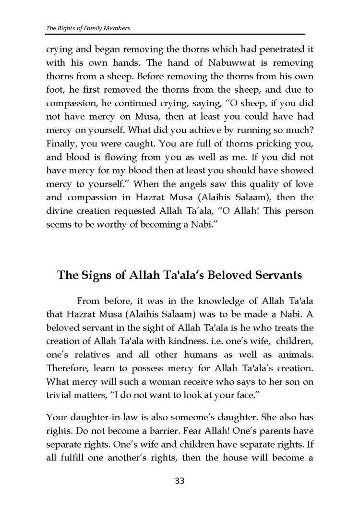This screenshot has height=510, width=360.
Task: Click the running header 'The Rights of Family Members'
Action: coord(88,28)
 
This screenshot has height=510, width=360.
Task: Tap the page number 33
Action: coord(180,480)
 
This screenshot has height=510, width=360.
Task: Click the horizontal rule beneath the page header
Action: coord(176,35)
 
